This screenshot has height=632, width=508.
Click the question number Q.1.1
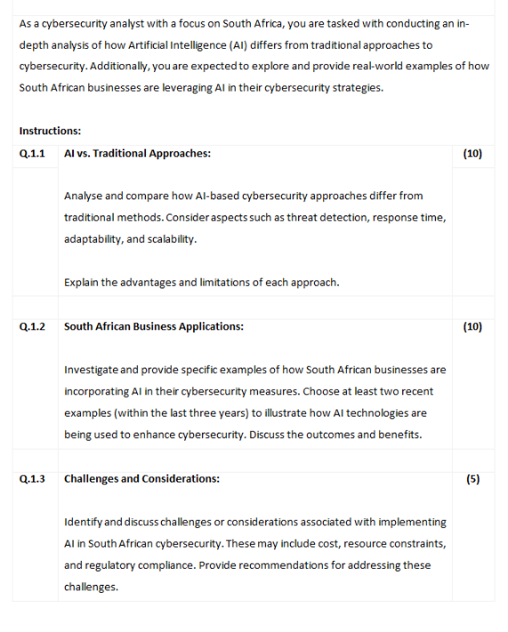32,153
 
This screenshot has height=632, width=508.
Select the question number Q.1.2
32,327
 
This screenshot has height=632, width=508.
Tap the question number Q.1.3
32,479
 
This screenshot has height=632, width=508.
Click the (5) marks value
472,479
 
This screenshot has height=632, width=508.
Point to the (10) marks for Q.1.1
472,153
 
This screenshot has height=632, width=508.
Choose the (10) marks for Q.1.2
472,327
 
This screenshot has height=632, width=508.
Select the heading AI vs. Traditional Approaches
137,153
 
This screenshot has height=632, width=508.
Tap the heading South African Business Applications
154,327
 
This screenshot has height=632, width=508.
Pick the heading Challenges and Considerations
142,479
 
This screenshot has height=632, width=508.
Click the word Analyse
84,196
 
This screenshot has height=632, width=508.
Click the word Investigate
91,369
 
